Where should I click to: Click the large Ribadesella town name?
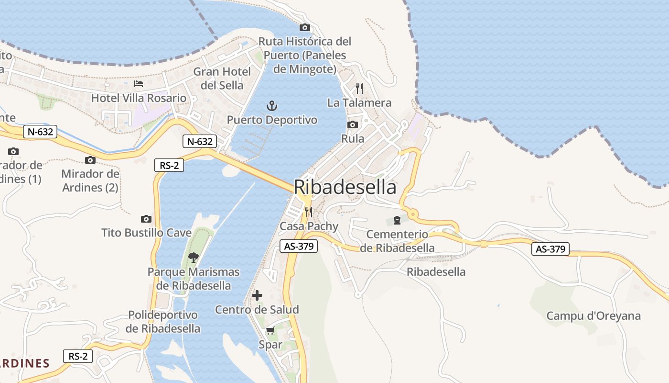tap(345, 187)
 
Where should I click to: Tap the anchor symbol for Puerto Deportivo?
tap(271, 106)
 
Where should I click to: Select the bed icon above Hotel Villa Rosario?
tap(139, 84)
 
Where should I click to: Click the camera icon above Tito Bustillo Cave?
tap(146, 219)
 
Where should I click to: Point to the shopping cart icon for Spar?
tap(270, 330)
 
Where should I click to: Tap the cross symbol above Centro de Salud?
tap(257, 295)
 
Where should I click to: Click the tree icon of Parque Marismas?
tap(193, 258)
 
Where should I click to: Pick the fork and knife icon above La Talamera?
tap(359, 89)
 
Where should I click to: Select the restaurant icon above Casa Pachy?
tap(309, 212)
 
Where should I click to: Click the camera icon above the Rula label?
tap(353, 125)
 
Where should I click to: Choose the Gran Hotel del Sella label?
tap(222, 79)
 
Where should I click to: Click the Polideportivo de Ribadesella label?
tap(163, 322)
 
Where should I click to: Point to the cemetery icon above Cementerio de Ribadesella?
tap(397, 220)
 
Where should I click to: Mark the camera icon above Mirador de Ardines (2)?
tap(90, 160)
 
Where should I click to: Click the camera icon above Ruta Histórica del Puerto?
tap(304, 28)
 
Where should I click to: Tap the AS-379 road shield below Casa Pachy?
tap(298, 246)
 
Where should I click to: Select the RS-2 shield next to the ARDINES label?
tap(78, 356)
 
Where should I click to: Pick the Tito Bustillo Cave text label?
tap(146, 233)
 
